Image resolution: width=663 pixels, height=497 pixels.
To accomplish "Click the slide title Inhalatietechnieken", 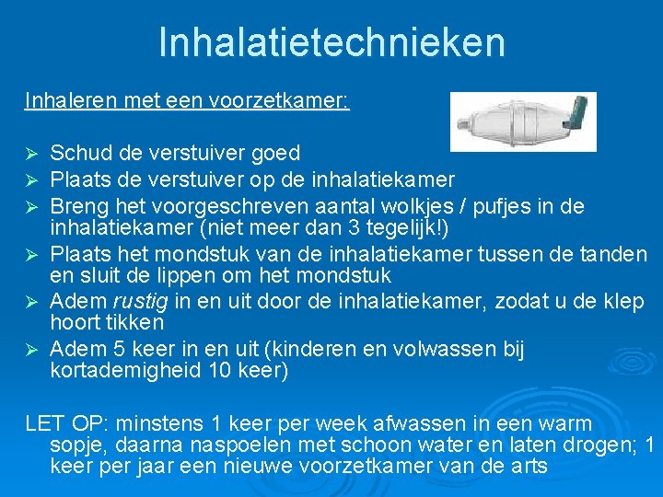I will click(x=331, y=42).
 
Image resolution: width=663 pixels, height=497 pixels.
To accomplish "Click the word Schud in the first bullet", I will click(x=76, y=152).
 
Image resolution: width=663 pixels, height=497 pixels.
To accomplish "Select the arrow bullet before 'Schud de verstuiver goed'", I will click(x=31, y=153).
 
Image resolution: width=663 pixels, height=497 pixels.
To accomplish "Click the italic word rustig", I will click(x=136, y=300).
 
